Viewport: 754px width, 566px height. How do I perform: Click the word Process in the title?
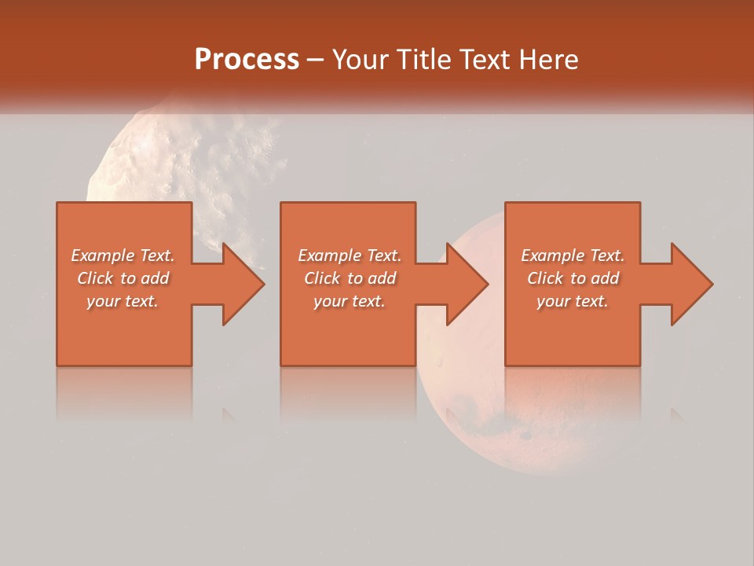pyautogui.click(x=247, y=60)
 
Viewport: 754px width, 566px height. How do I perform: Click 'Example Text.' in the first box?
pyautogui.click(x=123, y=255)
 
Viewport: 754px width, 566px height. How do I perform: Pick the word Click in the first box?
pyautogui.click(x=96, y=278)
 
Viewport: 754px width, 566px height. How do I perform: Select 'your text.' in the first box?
pyautogui.click(x=123, y=301)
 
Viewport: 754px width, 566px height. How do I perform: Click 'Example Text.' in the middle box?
pyautogui.click(x=350, y=255)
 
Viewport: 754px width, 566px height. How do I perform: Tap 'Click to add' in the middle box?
pyautogui.click(x=350, y=278)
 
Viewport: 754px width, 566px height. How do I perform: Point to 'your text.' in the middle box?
pyautogui.click(x=350, y=301)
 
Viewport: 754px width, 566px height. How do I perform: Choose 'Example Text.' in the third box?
pyautogui.click(x=573, y=255)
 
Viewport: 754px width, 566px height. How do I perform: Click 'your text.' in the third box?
pyautogui.click(x=573, y=301)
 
